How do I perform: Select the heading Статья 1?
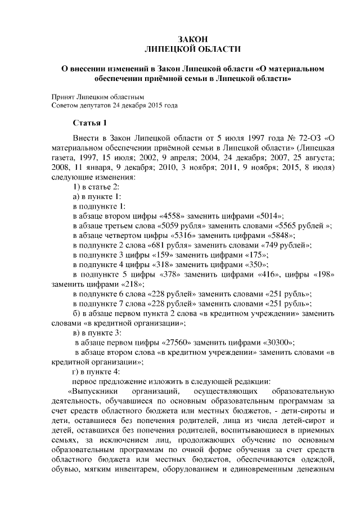click(89, 123)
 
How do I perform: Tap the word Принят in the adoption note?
click(64, 97)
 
